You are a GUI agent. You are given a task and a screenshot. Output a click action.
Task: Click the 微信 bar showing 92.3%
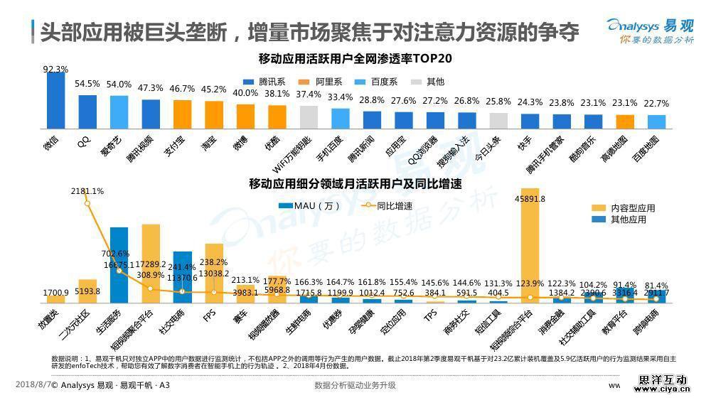pyautogui.click(x=55, y=99)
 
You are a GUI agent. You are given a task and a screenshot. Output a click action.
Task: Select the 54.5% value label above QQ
pyautogui.click(x=87, y=84)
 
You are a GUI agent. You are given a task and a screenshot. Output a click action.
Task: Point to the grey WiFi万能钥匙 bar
pyautogui.click(x=309, y=116)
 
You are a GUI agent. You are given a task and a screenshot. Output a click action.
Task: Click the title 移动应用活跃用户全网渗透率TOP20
pyautogui.click(x=355, y=58)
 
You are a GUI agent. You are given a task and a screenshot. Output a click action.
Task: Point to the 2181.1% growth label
pyautogui.click(x=87, y=191)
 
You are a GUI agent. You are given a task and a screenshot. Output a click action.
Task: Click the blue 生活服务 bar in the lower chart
pyautogui.click(x=119, y=264)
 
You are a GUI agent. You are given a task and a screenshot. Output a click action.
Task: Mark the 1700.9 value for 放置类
pyautogui.click(x=56, y=292)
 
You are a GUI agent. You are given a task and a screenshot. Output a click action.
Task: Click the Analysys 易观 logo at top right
pyautogui.click(x=649, y=31)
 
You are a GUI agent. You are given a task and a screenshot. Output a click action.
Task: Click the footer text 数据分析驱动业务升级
pyautogui.click(x=355, y=385)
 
